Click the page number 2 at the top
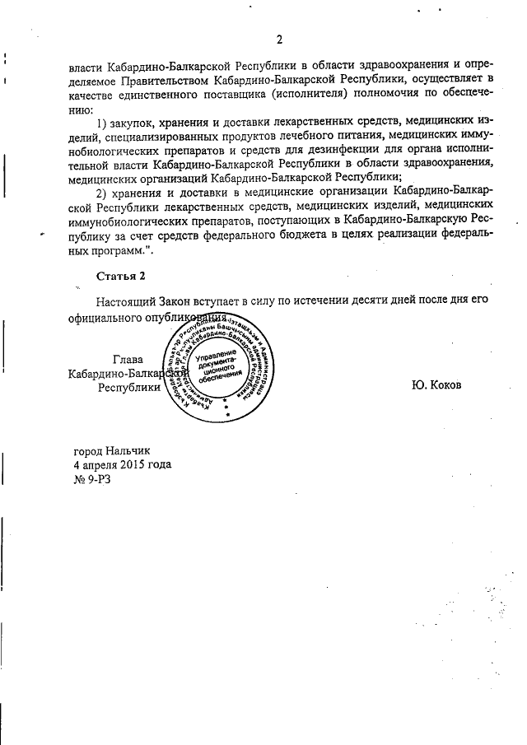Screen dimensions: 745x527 click(x=279, y=40)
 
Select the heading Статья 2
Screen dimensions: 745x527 click(x=119, y=275)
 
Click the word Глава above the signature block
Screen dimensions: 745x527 click(x=128, y=359)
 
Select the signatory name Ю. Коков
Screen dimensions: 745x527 click(x=435, y=385)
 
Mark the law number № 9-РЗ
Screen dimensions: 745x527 click(x=91, y=479)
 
